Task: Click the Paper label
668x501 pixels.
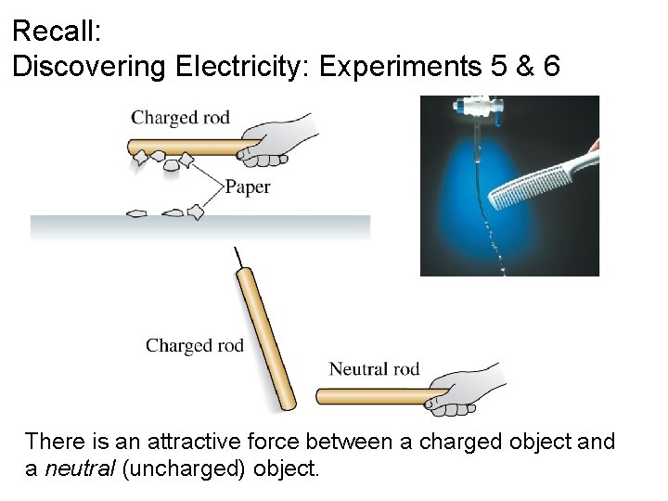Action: [248, 186]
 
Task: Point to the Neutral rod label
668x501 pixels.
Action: [374, 369]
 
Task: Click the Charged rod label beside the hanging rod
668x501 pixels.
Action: [194, 346]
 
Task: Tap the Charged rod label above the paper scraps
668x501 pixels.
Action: [180, 118]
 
